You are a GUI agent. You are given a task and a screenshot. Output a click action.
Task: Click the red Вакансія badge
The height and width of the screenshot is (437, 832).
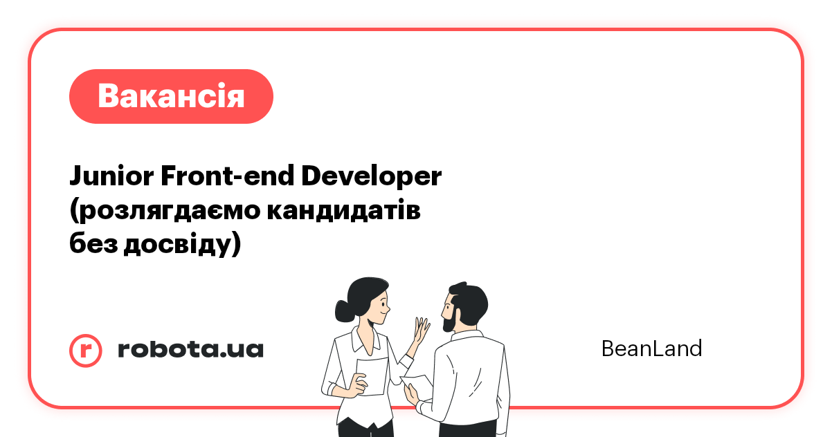coord(171,96)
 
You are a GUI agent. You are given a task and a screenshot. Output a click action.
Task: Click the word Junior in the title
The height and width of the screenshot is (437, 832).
coord(110,177)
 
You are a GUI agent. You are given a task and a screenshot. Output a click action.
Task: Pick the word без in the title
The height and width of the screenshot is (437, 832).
coord(93,244)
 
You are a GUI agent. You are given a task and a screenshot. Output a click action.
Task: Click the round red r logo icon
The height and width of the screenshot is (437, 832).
coord(86,349)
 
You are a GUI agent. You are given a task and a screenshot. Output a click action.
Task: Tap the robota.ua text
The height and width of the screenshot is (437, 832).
coord(190,349)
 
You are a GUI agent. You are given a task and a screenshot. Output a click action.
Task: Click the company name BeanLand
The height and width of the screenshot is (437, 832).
coord(651,348)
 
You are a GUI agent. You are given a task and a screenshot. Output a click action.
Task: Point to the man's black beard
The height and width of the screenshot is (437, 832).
coord(449,319)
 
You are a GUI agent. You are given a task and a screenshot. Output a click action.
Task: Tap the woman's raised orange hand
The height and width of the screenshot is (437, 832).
coord(420,332)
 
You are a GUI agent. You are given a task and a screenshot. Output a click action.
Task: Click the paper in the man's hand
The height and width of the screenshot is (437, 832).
coord(418,382)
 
